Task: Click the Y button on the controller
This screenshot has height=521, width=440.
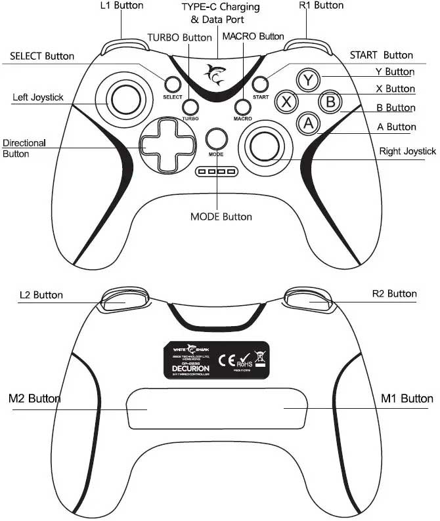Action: pyautogui.click(x=307, y=80)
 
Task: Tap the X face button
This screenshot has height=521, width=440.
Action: pyautogui.click(x=286, y=102)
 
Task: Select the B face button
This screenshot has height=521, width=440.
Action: pyautogui.click(x=330, y=102)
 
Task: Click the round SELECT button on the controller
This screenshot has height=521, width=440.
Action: pyautogui.click(x=173, y=84)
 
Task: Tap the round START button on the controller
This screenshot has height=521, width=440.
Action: pyautogui.click(x=261, y=84)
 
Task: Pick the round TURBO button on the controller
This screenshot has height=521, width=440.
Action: pyautogui.click(x=191, y=107)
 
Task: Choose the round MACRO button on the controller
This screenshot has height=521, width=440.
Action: pyautogui.click(x=243, y=107)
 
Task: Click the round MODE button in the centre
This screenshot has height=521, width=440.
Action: pyautogui.click(x=216, y=138)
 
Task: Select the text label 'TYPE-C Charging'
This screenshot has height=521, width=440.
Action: pyautogui.click(x=220, y=7)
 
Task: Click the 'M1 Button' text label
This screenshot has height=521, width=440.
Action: pyautogui.click(x=407, y=398)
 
